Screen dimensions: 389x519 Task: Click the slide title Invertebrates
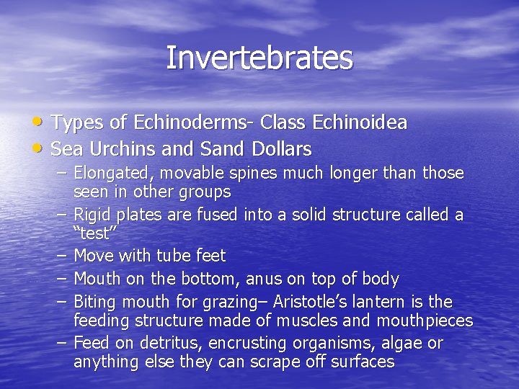coord(259,58)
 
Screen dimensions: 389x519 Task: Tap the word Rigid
coord(91,215)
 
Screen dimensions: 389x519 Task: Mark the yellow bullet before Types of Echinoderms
coord(41,122)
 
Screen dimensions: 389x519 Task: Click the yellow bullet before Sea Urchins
coord(41,148)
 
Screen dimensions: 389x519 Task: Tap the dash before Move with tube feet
coord(61,256)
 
